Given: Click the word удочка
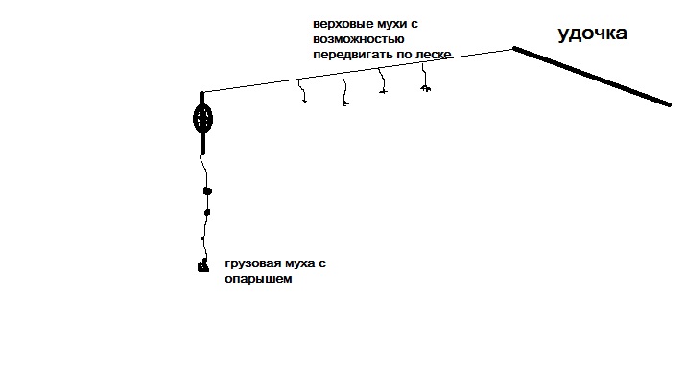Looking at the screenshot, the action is (592, 34).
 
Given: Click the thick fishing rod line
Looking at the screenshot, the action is (592, 77).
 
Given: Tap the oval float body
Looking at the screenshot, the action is (202, 119).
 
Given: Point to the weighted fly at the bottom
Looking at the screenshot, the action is (203, 265).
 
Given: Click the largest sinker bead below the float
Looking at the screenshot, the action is (207, 191).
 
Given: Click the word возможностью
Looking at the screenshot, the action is (358, 39).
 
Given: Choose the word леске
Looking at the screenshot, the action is (433, 55).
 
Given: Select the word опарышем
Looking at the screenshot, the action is (258, 279).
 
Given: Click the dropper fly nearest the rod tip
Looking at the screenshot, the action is (424, 78).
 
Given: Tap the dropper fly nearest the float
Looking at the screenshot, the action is (302, 91).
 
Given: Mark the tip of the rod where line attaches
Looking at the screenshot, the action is (513, 48).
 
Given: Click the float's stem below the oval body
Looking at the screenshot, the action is (202, 144).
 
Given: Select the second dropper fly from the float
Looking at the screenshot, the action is (344, 90).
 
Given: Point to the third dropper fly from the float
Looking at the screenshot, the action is (382, 80).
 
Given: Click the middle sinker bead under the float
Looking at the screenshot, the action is (207, 213).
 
